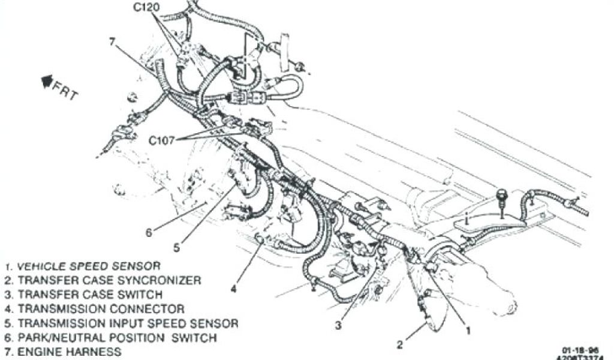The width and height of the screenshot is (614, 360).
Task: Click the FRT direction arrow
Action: [46, 80]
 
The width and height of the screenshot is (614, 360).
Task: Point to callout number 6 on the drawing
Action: [149, 232]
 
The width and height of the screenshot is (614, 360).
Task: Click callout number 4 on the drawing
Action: [233, 289]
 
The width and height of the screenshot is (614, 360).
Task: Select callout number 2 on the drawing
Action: [399, 344]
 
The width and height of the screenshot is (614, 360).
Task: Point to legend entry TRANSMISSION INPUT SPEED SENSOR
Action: [121, 323]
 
